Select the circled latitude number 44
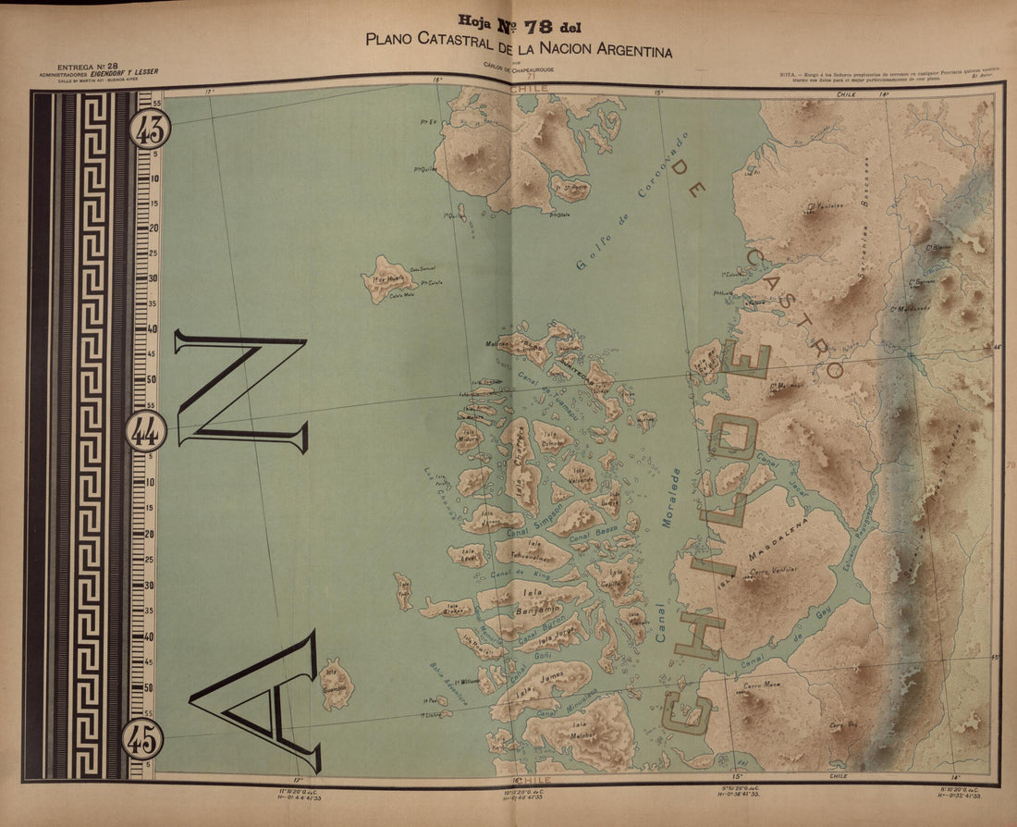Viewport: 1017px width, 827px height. coord(146,430)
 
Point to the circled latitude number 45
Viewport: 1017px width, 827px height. coord(142,737)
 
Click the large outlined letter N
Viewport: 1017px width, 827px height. coord(242,393)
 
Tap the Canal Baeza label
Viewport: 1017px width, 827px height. coord(593,534)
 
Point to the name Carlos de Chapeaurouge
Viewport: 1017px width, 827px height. coord(518,66)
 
